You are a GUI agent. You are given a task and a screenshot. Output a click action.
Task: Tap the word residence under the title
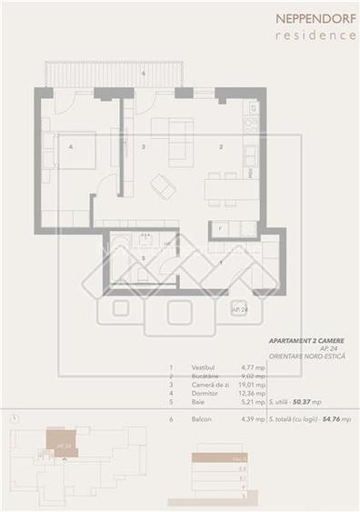(x=317, y=35)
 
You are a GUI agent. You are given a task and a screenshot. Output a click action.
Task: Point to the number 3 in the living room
(x=143, y=146)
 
